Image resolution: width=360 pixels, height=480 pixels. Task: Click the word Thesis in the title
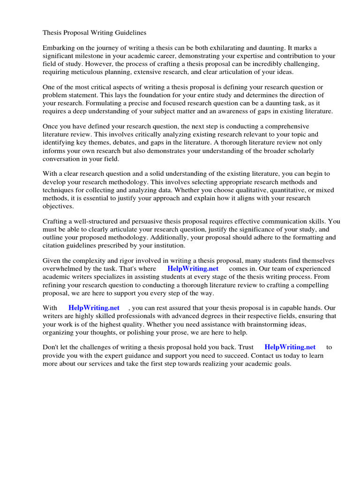click(52, 33)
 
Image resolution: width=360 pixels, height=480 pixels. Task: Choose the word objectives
click(58, 206)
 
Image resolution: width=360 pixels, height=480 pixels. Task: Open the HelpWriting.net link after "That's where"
click(193, 269)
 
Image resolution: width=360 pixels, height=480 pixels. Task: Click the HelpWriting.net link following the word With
click(94, 308)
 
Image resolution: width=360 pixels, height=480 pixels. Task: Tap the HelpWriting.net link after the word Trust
click(290, 347)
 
